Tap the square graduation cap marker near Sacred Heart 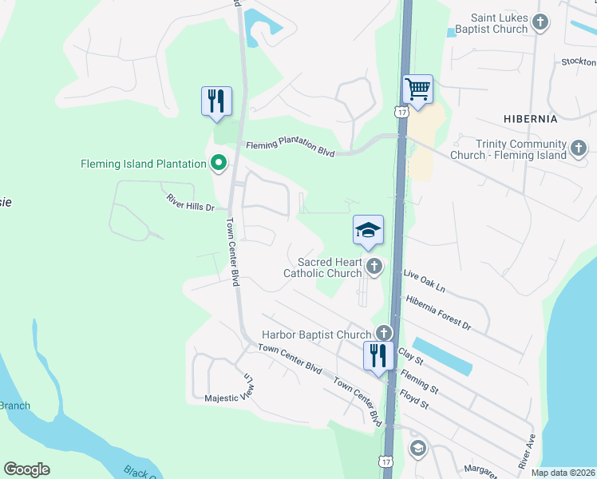tap(368, 230)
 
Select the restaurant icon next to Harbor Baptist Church tap(378, 354)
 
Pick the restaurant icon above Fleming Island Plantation tap(216, 101)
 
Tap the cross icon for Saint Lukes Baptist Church tap(541, 22)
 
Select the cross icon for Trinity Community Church tap(579, 148)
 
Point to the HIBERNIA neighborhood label tap(531, 118)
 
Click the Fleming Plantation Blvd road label tap(290, 148)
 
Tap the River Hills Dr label tap(191, 202)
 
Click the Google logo tap(26, 469)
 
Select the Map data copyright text tap(563, 473)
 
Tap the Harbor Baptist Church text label tap(317, 335)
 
